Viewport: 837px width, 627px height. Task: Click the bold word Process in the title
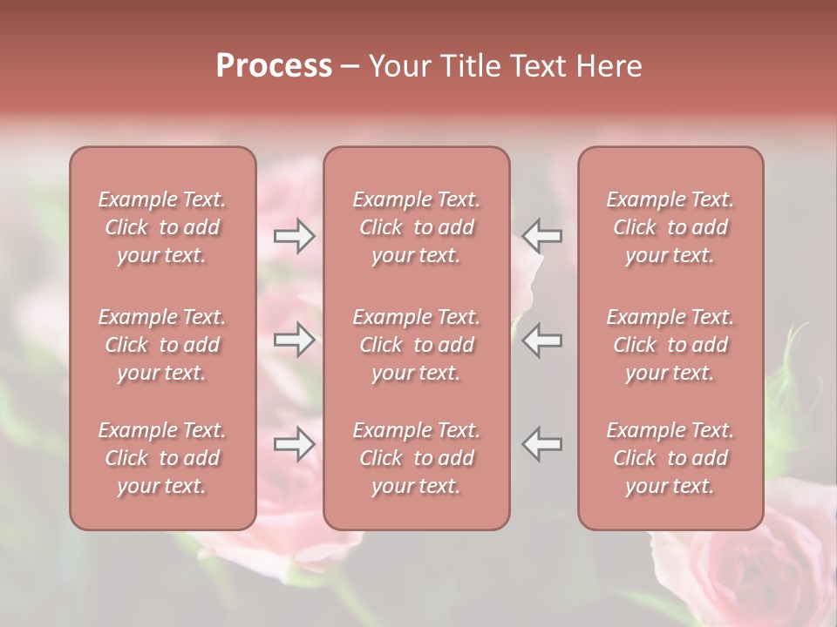[274, 66]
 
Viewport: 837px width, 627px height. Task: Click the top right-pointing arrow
[295, 236]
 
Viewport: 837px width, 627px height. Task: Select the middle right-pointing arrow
[295, 340]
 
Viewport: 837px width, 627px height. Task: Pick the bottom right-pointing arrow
[295, 444]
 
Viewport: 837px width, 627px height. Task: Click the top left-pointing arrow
[542, 236]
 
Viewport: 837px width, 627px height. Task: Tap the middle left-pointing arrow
[542, 340]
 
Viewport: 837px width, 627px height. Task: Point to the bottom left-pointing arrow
[542, 444]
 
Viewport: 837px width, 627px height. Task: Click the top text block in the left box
[162, 227]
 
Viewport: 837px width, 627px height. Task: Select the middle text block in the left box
[162, 345]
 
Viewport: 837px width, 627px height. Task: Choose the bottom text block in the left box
[162, 458]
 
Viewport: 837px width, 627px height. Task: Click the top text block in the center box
[417, 227]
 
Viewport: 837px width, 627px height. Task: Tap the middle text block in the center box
[417, 345]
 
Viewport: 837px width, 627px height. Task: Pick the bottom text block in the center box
[417, 458]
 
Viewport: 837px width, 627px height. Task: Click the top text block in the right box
[670, 227]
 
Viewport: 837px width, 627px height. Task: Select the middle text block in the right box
[670, 345]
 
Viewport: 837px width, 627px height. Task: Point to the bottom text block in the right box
[670, 458]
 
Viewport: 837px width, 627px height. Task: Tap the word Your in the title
[400, 66]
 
